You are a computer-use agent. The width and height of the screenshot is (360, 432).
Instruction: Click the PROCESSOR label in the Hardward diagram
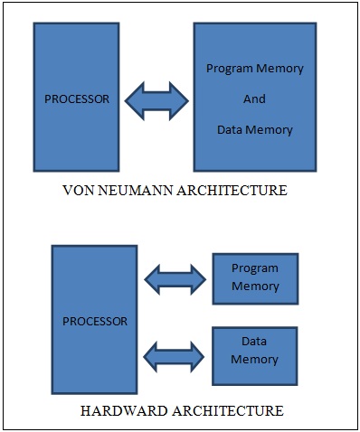point(95,321)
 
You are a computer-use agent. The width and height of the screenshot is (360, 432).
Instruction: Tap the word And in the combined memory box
point(254,99)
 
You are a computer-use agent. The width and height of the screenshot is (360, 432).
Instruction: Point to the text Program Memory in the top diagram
point(254,69)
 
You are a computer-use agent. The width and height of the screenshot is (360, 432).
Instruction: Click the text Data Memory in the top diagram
point(254,129)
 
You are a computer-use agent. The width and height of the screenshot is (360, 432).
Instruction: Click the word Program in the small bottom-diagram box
point(254,268)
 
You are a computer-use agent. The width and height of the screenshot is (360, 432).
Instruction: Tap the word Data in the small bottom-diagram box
point(254,343)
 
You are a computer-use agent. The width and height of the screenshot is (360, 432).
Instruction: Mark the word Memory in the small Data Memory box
point(254,360)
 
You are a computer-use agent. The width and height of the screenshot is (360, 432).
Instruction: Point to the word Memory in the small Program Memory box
point(254,286)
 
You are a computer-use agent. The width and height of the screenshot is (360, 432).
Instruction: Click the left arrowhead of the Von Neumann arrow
point(133,99)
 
